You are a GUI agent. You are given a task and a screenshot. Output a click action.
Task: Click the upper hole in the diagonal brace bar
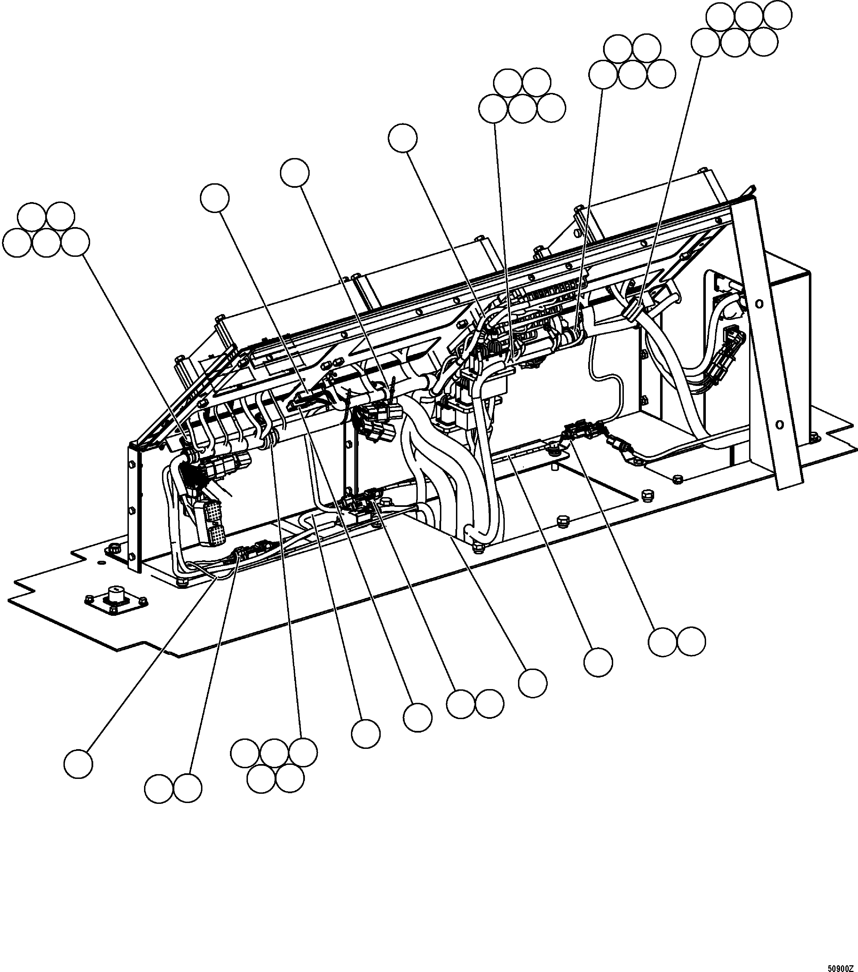pyautogui.click(x=759, y=303)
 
